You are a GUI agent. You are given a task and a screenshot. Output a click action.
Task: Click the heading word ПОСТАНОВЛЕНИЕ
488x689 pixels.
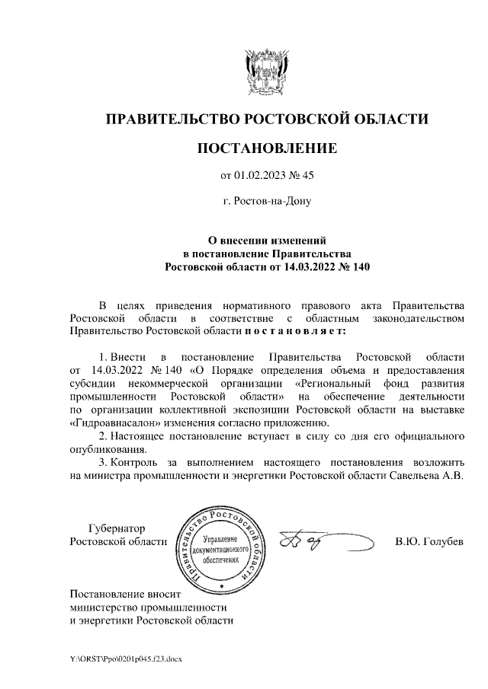coord(267,148)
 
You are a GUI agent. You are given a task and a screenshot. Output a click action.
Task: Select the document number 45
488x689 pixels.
coord(307,176)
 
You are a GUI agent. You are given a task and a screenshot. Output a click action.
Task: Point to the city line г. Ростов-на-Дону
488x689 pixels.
coord(267,203)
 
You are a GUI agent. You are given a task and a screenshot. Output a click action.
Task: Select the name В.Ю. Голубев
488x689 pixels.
coord(429,541)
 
